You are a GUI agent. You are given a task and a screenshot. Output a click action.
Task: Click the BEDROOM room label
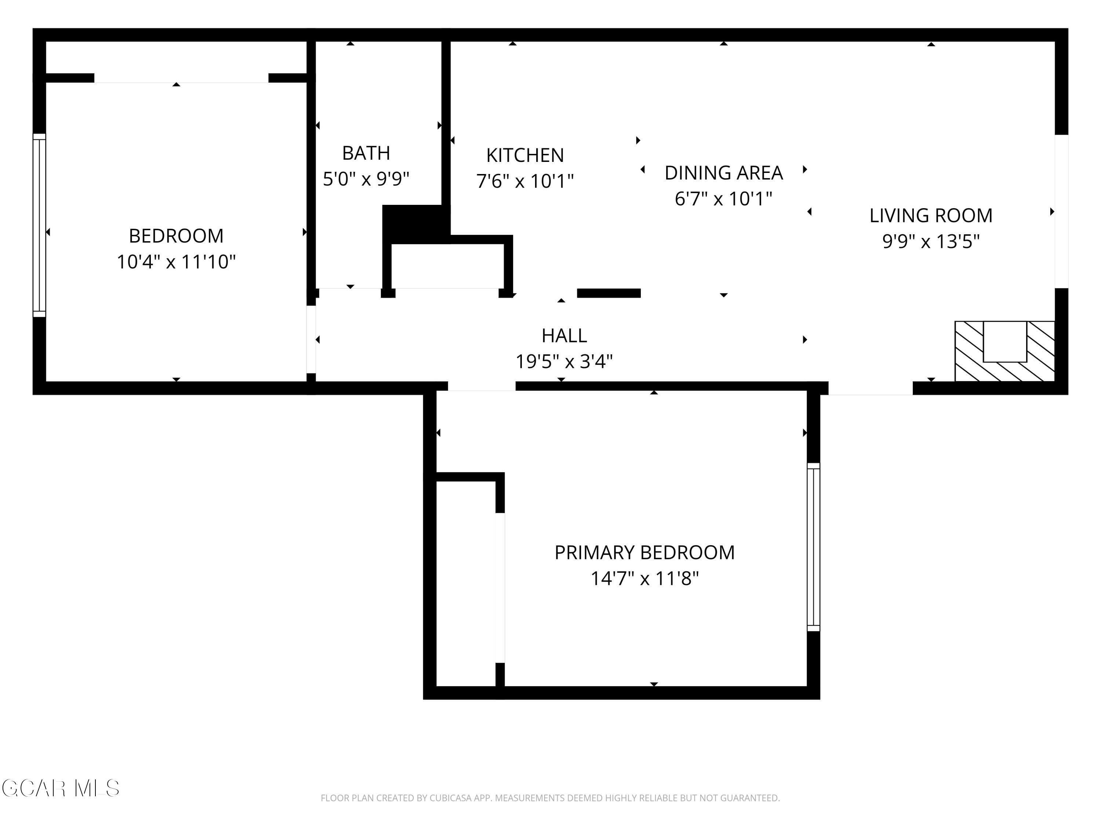click(176, 236)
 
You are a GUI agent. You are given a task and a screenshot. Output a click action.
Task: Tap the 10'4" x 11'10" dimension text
click(176, 262)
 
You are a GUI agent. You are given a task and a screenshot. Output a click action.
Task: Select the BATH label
click(366, 153)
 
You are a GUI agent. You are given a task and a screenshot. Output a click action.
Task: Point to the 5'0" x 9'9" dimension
click(366, 179)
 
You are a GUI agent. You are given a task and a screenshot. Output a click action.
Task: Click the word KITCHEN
click(525, 155)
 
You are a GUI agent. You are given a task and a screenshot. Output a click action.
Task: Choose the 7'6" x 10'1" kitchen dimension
click(525, 181)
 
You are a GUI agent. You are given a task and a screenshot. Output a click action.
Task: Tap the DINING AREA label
click(724, 173)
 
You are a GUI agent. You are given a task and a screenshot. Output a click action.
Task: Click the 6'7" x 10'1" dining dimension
click(724, 199)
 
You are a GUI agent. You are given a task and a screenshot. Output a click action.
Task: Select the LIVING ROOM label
click(931, 215)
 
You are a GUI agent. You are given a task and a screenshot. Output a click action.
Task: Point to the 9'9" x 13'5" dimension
click(931, 242)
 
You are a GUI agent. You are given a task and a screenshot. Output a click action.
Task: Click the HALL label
click(564, 336)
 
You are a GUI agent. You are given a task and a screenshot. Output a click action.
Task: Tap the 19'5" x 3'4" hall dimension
click(564, 362)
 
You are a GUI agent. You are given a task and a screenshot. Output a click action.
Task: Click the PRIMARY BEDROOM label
click(644, 553)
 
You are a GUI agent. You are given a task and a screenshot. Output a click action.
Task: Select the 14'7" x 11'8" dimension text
click(644, 579)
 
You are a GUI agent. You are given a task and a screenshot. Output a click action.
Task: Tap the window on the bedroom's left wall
click(39, 225)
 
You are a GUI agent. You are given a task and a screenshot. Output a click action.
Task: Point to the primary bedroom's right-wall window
click(813, 547)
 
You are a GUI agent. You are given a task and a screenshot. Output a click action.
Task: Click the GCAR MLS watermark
click(60, 788)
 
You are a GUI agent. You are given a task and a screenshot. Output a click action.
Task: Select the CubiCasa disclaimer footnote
click(550, 798)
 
